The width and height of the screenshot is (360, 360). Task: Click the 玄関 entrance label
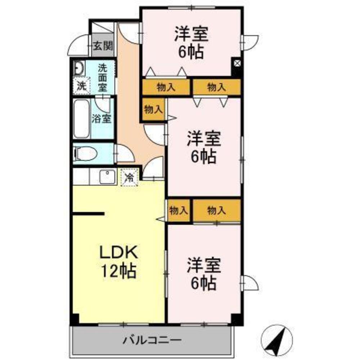103,46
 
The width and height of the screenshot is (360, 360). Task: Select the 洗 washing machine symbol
82,86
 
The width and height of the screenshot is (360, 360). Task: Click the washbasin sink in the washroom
79,68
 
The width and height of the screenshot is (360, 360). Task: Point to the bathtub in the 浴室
81,119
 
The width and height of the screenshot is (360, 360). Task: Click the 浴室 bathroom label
102,118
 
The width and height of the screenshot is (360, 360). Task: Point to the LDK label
119,252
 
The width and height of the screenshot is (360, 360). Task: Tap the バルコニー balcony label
151,339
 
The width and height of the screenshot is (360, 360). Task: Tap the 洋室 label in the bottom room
203,266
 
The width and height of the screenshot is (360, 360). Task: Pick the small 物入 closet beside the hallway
153,109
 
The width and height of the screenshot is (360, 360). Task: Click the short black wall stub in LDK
89,214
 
